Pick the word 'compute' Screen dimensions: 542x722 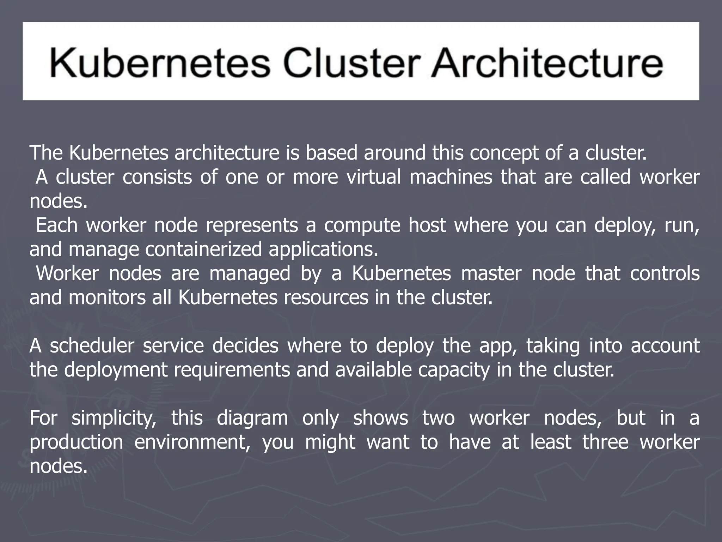click(x=362, y=225)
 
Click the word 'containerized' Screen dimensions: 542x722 click(x=203, y=249)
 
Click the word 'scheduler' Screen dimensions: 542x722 click(x=92, y=345)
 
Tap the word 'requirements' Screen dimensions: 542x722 click(x=232, y=370)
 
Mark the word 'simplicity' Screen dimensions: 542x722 click(x=114, y=418)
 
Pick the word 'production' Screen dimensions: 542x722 click(x=77, y=442)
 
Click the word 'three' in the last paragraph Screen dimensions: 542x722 click(x=605, y=442)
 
